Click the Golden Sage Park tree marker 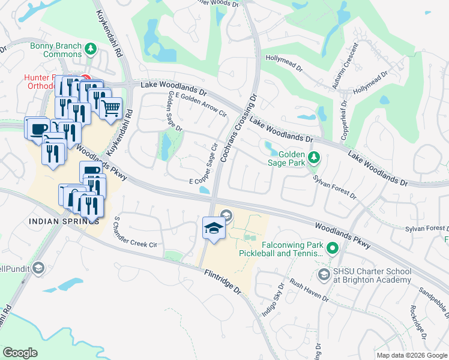coord(313,158)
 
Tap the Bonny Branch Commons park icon coord(91,48)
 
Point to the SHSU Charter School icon coord(324,274)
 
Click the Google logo coord(20,352)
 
